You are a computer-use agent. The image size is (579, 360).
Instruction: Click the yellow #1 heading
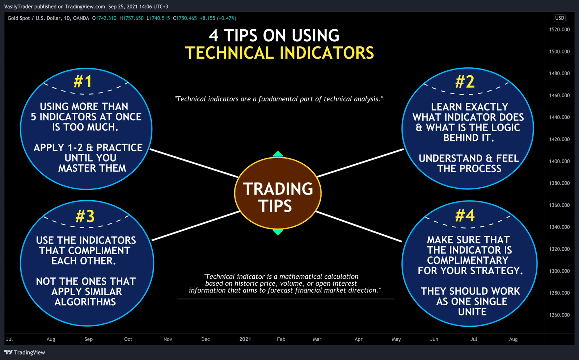(83, 81)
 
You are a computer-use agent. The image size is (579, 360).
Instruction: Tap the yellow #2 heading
(465, 82)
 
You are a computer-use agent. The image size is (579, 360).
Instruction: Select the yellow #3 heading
(85, 217)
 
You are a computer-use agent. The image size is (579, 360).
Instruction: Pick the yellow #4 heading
(465, 215)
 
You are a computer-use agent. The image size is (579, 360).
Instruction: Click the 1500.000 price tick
(559, 52)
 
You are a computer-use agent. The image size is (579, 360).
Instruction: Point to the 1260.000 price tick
(559, 315)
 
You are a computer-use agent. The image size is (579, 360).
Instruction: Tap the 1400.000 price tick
(559, 162)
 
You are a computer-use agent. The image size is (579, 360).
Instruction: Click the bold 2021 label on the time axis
(245, 339)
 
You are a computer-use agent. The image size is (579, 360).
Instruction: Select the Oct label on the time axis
(128, 339)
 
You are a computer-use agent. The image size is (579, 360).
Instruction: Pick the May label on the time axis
(396, 339)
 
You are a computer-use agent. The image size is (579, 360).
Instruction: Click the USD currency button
(559, 18)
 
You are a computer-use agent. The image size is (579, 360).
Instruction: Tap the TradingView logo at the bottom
(25, 352)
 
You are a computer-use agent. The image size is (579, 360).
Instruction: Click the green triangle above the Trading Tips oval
(278, 154)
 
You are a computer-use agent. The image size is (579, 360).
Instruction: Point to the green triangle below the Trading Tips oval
(278, 232)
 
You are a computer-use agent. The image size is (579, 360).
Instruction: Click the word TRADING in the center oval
(278, 189)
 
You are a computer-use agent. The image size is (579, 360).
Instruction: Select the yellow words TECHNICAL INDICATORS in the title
(279, 53)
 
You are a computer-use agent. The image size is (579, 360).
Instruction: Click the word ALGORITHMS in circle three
(85, 302)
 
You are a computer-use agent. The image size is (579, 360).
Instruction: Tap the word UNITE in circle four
(472, 312)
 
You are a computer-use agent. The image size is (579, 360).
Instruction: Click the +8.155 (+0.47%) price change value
(218, 18)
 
